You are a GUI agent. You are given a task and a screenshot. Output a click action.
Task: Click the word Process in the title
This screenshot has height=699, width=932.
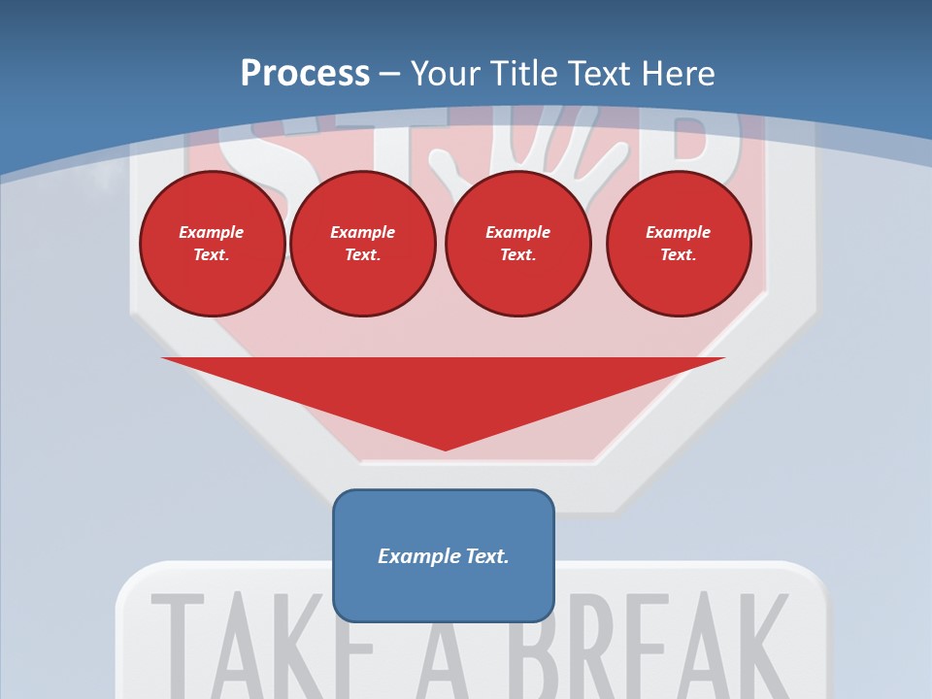click(305, 74)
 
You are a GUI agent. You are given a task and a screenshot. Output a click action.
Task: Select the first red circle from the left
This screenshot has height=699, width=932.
click(212, 244)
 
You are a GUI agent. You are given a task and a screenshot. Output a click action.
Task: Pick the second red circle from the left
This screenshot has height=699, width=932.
click(363, 244)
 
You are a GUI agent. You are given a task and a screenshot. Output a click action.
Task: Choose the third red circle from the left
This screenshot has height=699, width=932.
click(517, 244)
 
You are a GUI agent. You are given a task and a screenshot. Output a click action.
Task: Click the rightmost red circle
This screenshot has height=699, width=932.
click(679, 244)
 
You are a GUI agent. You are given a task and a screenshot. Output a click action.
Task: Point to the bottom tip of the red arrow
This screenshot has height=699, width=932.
click(445, 449)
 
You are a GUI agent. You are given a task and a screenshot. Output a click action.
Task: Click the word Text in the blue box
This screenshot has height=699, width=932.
click(487, 556)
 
